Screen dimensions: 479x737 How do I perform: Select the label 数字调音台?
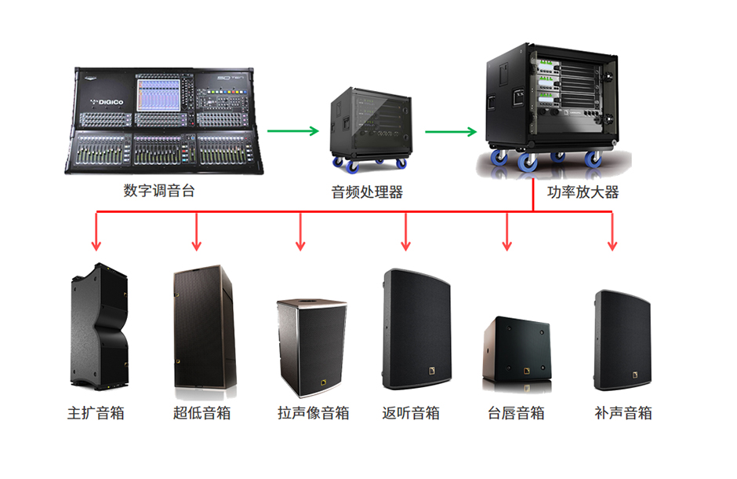159,190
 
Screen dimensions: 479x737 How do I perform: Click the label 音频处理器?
367,191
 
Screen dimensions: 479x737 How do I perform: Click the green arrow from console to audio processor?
293,131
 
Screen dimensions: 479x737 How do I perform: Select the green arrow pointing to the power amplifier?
452,131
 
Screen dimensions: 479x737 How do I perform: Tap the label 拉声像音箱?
313,413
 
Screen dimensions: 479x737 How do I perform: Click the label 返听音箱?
411,413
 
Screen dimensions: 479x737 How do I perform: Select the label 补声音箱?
623,413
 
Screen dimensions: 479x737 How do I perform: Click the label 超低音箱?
201,413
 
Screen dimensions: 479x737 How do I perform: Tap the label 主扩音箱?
96,413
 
